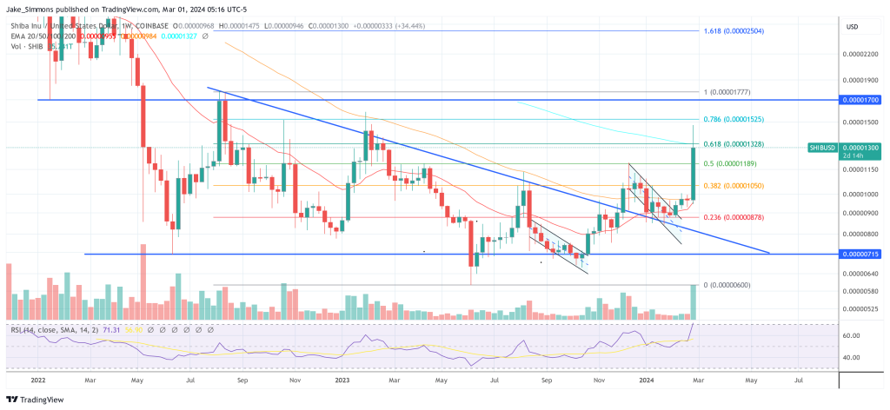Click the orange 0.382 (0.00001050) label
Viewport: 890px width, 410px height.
click(738, 185)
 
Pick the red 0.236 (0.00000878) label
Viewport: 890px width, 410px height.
click(738, 217)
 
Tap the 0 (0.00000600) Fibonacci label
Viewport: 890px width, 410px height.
click(727, 285)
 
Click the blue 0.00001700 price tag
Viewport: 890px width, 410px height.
click(860, 100)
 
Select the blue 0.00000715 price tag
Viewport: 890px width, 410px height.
click(860, 254)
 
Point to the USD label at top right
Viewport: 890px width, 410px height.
click(852, 26)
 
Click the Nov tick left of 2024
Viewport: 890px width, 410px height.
click(597, 380)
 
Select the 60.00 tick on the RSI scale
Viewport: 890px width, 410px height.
click(852, 335)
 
